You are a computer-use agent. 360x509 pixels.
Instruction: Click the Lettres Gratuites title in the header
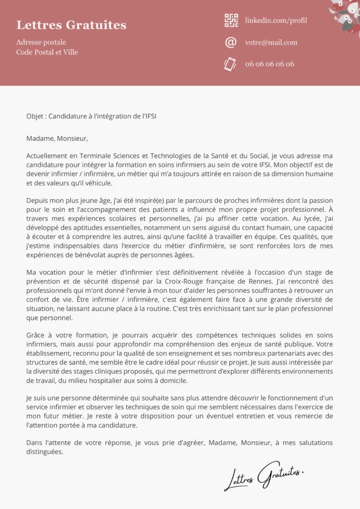(x=71, y=25)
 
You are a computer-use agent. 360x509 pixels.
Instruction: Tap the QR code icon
(x=231, y=20)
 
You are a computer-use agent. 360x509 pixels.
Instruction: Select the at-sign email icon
(x=231, y=42)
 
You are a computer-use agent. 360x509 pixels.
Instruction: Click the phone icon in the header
(x=230, y=64)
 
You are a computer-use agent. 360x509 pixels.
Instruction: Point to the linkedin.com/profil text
(x=276, y=20)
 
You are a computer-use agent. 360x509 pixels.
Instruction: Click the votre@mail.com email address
(x=271, y=42)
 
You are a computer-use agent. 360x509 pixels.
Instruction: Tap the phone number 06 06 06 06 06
(x=270, y=64)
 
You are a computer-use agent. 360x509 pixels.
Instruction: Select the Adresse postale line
(x=41, y=42)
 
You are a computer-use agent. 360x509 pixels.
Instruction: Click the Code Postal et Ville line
(x=47, y=52)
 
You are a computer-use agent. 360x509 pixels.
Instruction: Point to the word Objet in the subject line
(x=35, y=116)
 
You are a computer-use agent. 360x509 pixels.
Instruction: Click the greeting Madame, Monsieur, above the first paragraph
(x=57, y=138)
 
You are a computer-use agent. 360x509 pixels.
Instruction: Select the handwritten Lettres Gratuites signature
(x=263, y=475)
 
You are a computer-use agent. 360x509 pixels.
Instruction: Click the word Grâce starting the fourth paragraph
(x=36, y=336)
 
